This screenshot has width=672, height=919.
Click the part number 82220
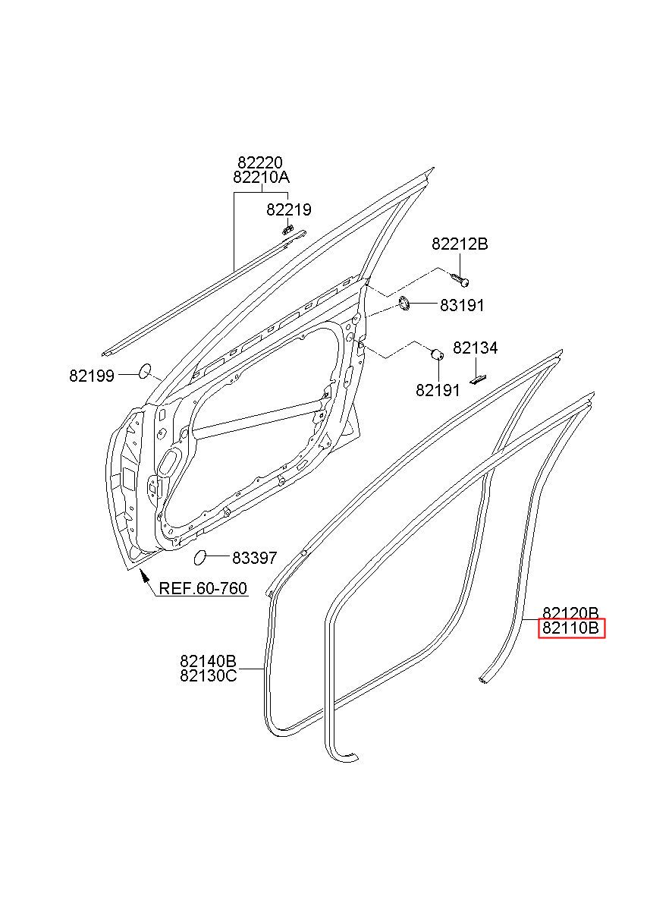260,162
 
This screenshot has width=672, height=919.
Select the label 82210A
261,178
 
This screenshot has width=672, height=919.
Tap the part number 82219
288,210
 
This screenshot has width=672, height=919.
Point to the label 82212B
460,244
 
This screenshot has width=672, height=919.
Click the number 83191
462,306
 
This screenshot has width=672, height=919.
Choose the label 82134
476,348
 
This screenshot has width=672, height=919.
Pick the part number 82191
438,390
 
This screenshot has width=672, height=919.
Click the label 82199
92,376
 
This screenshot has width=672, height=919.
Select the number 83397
255,558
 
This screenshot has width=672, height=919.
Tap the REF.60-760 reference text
203,589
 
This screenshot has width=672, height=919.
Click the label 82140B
208,661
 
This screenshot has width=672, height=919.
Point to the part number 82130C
208,675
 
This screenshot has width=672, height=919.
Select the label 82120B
570,613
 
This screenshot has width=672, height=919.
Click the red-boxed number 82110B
571,628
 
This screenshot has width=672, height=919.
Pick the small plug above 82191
437,354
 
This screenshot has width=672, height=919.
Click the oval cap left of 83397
201,558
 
